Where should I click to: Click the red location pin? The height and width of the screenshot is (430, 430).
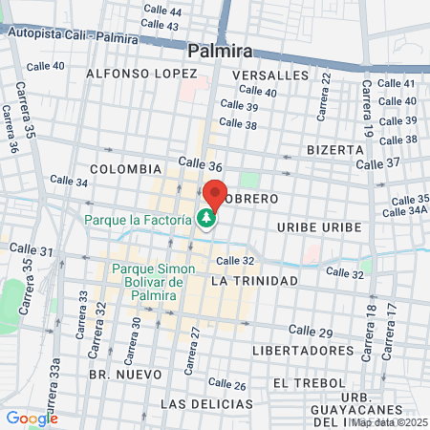tap(214, 195)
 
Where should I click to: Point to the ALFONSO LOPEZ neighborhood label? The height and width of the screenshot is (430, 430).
tap(135, 74)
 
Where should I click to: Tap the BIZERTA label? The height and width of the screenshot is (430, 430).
tap(335, 150)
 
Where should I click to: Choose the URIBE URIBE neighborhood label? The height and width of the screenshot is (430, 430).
tap(319, 226)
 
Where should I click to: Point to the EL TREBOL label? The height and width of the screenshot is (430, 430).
tap(307, 382)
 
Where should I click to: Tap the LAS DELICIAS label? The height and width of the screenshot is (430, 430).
tap(199, 404)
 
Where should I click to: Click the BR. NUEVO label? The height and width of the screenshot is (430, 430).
tap(115, 376)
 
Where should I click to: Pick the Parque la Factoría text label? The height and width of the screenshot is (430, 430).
tap(140, 220)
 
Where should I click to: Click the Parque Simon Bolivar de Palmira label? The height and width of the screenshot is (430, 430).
tap(153, 282)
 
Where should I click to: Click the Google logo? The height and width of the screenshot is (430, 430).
tap(32, 418)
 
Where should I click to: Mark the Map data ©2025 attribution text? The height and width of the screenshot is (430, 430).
tap(388, 422)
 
